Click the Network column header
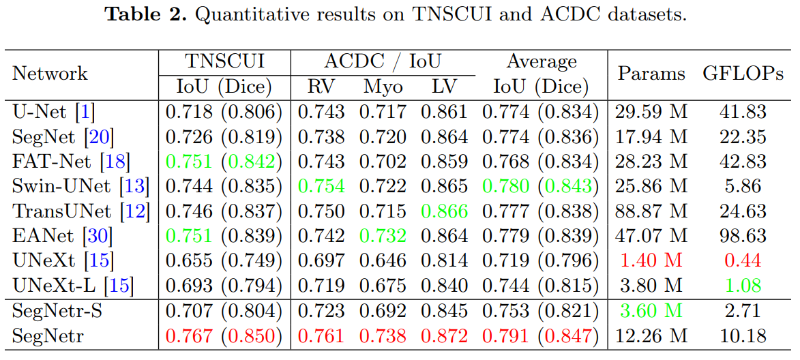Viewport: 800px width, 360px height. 50,74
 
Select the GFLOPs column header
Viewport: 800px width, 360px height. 743,74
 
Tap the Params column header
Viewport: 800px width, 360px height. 651,74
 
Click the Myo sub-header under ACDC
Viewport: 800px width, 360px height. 383,87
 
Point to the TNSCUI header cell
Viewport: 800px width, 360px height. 224,61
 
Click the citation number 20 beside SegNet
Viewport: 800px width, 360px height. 100,136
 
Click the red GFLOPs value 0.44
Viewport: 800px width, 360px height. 743,261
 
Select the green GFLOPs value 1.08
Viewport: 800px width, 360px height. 743,286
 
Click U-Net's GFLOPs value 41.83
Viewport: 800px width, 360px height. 743,112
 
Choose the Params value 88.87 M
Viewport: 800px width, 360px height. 651,211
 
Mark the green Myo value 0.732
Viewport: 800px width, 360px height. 383,236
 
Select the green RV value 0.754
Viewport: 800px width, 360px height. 321,186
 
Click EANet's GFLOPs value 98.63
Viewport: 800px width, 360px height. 743,236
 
